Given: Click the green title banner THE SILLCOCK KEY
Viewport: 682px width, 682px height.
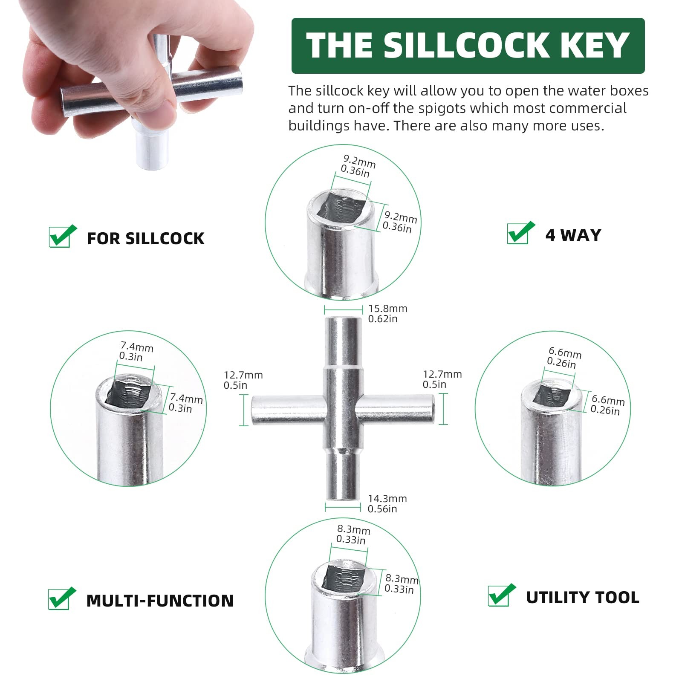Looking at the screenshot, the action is click(x=468, y=46).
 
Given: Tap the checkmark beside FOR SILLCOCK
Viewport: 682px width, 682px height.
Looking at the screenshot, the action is click(x=62, y=236).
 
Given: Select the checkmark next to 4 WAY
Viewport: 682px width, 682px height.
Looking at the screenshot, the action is click(x=520, y=233).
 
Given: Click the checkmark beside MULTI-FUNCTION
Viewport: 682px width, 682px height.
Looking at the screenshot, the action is click(x=62, y=598).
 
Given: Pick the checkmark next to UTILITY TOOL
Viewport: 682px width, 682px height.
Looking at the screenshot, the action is click(x=502, y=595).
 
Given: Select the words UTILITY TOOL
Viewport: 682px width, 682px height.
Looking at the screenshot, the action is click(x=583, y=598).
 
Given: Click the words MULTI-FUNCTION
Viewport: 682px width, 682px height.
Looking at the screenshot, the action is click(x=160, y=601).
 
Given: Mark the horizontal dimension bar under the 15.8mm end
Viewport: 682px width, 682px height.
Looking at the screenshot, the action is click(x=343, y=310).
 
